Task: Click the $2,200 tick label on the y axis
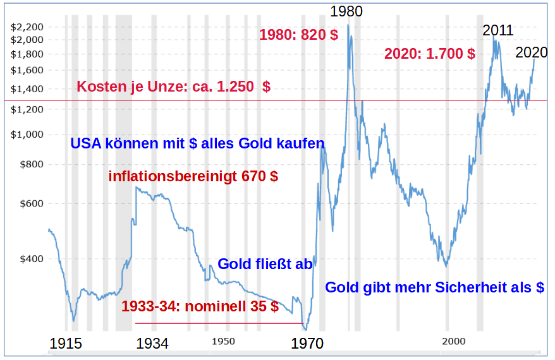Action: [x=27, y=27]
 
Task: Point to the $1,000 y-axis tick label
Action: [x=27, y=134]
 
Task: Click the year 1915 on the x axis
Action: [x=66, y=344]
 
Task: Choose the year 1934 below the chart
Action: [x=152, y=344]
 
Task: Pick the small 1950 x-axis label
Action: [x=223, y=341]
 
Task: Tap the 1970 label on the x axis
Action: [x=307, y=344]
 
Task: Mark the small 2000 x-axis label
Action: [x=453, y=341]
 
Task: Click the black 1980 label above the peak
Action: [x=346, y=11]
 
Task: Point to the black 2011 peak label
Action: [x=498, y=30]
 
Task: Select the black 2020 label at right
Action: [x=532, y=53]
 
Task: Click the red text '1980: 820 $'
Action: [x=298, y=35]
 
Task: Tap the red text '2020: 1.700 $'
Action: [x=430, y=54]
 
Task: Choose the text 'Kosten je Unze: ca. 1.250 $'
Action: [x=173, y=87]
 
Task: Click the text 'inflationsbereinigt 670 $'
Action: [x=193, y=176]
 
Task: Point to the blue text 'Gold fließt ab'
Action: [x=265, y=264]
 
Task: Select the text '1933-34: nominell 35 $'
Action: [x=200, y=307]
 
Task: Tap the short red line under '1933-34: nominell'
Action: [x=219, y=323]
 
